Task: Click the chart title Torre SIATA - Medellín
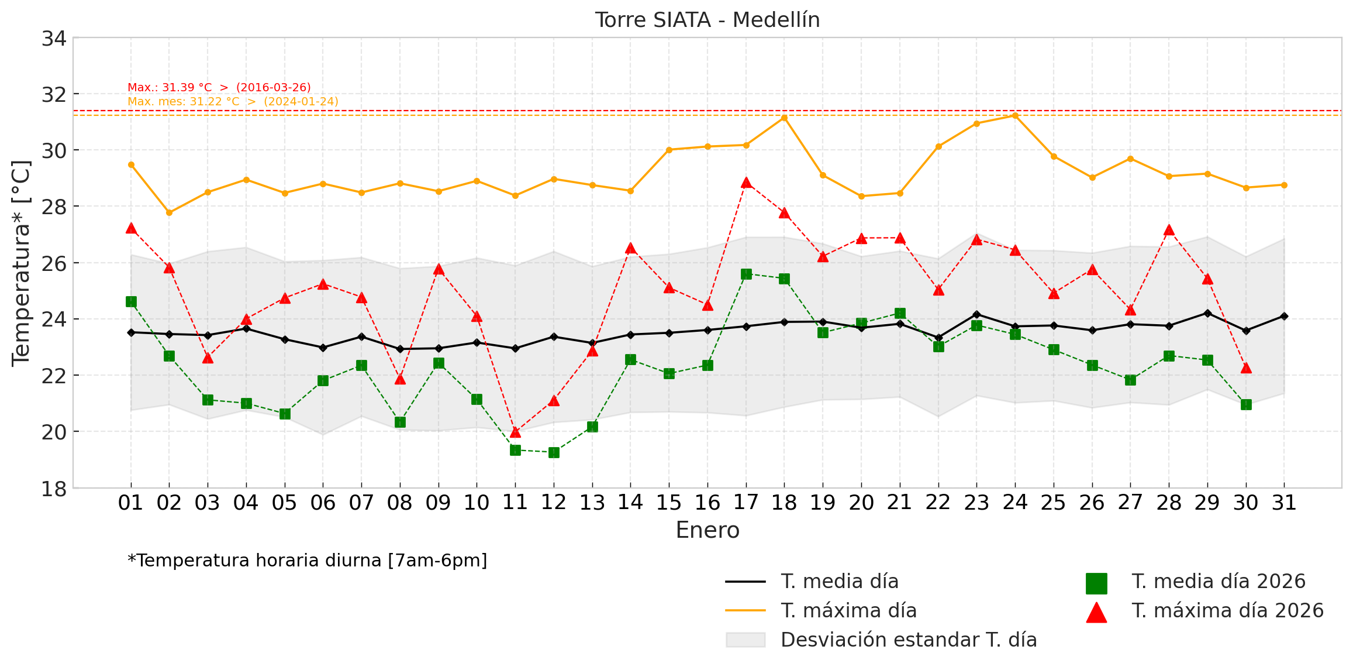[x=707, y=20]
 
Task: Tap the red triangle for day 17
[x=746, y=183]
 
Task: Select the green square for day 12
[x=554, y=452]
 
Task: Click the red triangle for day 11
[x=515, y=432]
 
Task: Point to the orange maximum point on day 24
[x=1015, y=115]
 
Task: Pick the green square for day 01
[x=131, y=301]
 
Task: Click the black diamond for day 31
[x=1284, y=316]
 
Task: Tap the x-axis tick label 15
[x=669, y=503]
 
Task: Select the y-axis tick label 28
[x=53, y=207]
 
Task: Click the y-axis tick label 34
[x=53, y=39]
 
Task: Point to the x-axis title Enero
[x=707, y=530]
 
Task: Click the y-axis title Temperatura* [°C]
[x=21, y=263]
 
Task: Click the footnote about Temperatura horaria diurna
[x=307, y=561]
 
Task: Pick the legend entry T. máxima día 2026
[x=1227, y=611]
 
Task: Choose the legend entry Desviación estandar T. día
[x=908, y=640]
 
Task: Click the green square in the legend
[x=1096, y=583]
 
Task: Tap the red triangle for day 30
[x=1246, y=368]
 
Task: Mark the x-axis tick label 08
[x=400, y=503]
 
